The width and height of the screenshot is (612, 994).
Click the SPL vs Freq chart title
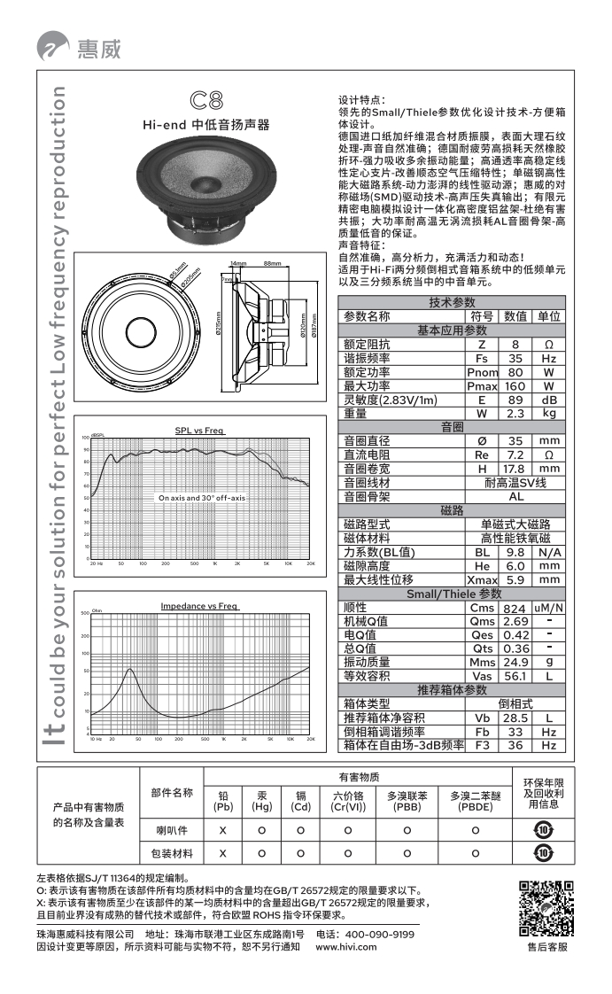pyautogui.click(x=199, y=430)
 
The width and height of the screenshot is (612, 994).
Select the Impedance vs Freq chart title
pyautogui.click(x=199, y=606)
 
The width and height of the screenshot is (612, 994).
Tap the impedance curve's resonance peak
pyautogui.click(x=130, y=670)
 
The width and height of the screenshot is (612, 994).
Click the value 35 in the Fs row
pyautogui.click(x=515, y=359)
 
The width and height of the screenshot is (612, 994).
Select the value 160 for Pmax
pyautogui.click(x=515, y=386)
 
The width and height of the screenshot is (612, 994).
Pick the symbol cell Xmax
pyautogui.click(x=482, y=579)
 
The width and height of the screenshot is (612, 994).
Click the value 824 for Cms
pyautogui.click(x=515, y=608)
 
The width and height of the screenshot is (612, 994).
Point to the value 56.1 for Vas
pyautogui.click(x=515, y=676)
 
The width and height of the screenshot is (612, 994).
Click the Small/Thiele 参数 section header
pyautogui.click(x=453, y=594)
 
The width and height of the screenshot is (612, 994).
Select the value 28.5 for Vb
pyautogui.click(x=515, y=718)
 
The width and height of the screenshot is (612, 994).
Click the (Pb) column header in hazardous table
pyautogui.click(x=223, y=806)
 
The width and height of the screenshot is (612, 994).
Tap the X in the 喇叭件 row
pyautogui.click(x=223, y=830)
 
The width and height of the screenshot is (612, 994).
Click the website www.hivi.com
pyautogui.click(x=346, y=947)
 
